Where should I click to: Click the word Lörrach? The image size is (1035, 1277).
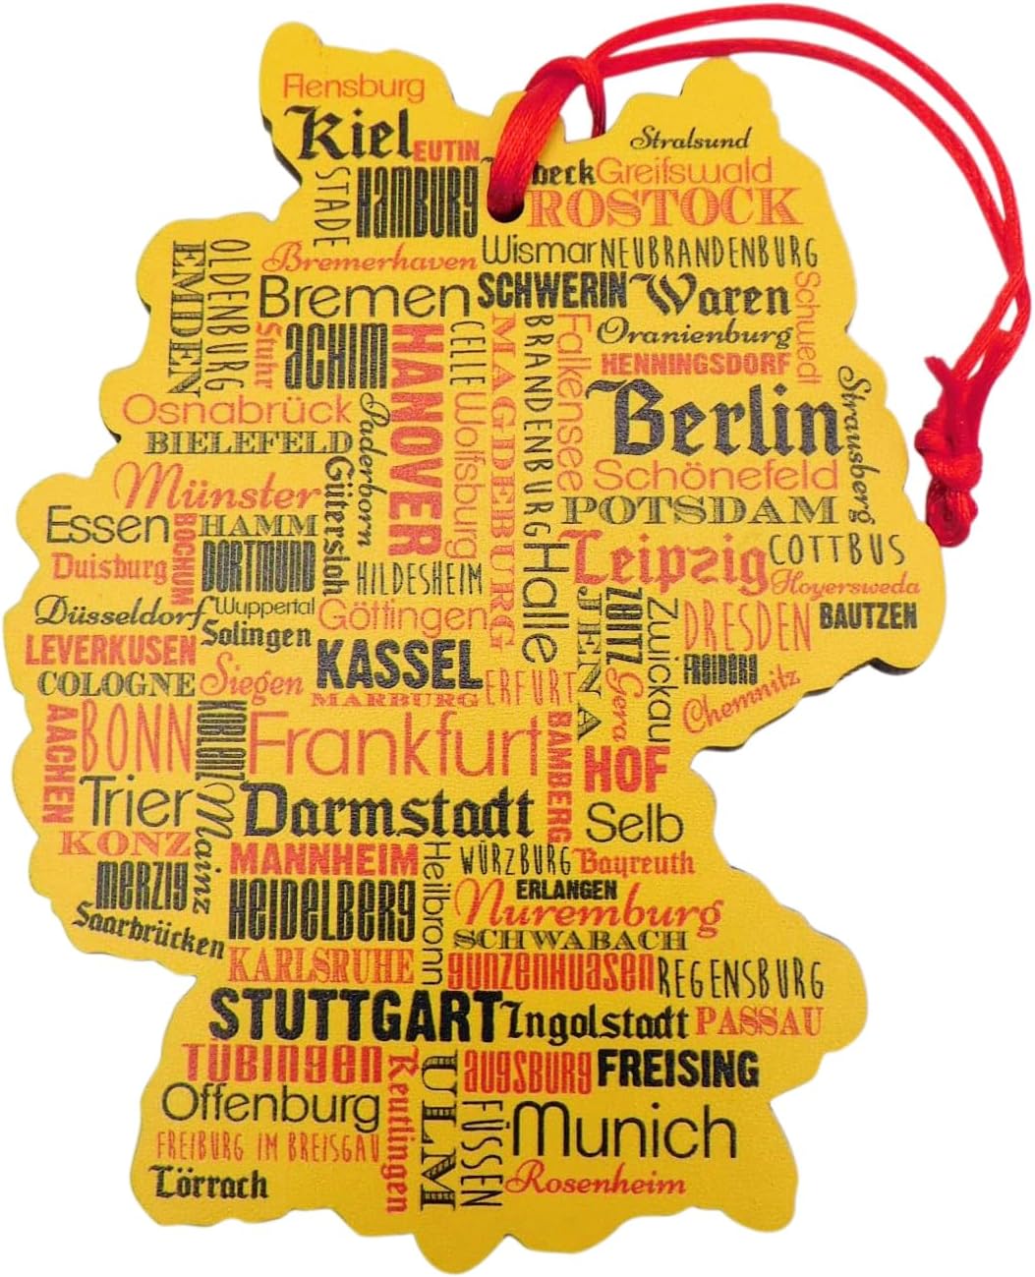coord(209,1184)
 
